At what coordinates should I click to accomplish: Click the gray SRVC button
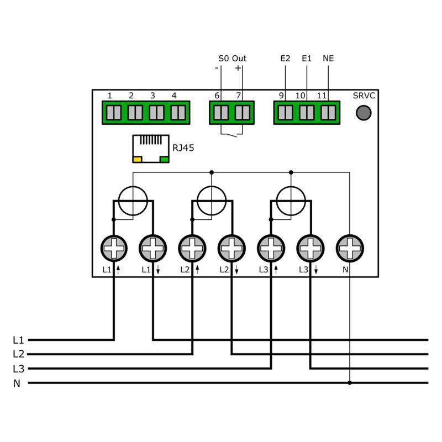coord(363,113)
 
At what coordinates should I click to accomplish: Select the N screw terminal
coord(350,249)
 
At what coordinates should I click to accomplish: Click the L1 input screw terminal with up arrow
coord(114,249)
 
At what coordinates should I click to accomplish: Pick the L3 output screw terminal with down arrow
coord(311,249)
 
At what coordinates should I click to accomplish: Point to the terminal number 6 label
coord(217,96)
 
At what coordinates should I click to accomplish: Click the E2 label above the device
coord(285,59)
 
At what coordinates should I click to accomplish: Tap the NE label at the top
coord(328,59)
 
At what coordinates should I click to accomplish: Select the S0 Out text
coord(232,59)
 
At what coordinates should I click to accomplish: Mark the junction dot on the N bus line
coord(350,382)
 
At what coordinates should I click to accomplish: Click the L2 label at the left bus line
coord(18,354)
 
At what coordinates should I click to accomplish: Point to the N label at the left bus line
coord(17,383)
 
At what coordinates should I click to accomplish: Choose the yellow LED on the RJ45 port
coord(137,160)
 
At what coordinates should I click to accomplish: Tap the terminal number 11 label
coord(322,96)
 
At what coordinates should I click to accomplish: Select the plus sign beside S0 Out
coord(238,69)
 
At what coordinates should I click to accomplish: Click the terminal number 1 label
coord(110,96)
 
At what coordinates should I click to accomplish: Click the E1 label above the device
coord(307,59)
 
